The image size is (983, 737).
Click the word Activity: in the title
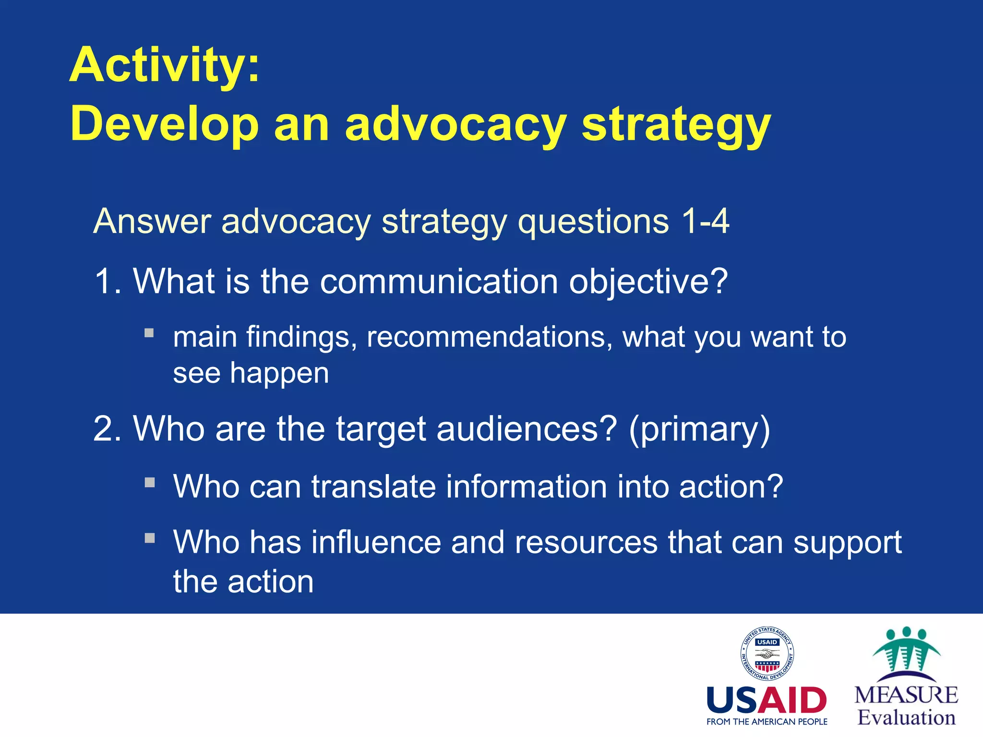tap(165, 65)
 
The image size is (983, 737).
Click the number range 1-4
tap(705, 221)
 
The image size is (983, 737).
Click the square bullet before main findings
tap(149, 333)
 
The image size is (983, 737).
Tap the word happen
tap(279, 373)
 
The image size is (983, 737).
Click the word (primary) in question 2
tap(699, 429)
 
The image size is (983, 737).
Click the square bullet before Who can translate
tap(150, 482)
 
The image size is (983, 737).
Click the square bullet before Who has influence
tap(150, 538)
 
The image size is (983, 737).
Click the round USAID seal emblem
tap(767, 654)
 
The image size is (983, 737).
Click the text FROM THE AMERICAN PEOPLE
tap(767, 722)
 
